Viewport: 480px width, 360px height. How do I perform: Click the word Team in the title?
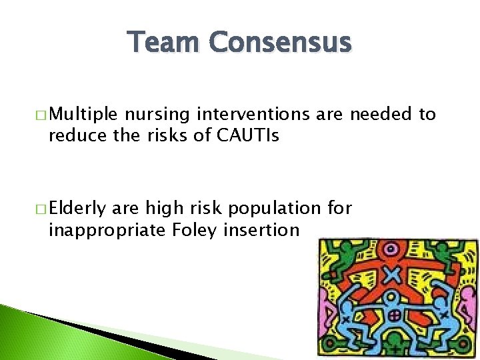click(164, 43)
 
